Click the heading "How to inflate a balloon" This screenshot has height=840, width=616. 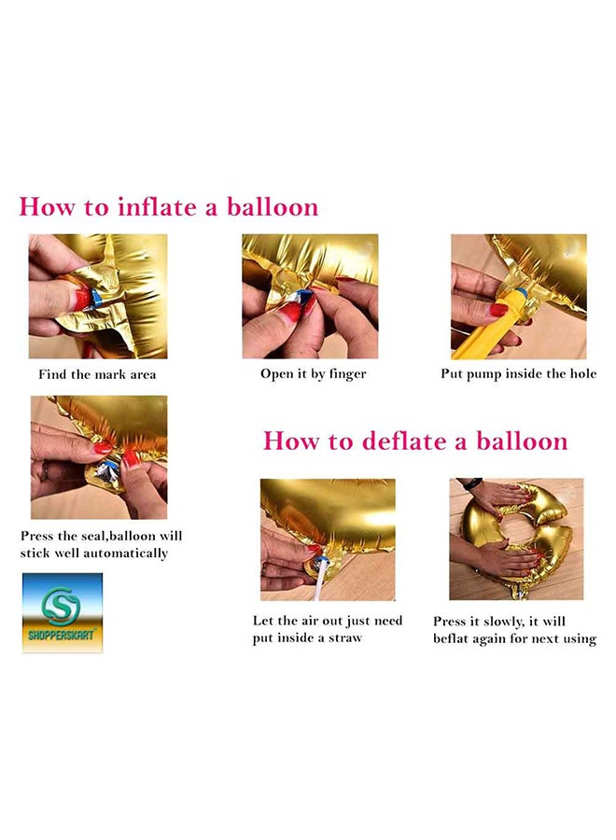click(169, 207)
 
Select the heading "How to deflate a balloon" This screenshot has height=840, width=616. click(415, 441)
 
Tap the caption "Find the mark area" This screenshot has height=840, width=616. click(97, 374)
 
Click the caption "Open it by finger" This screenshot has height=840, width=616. click(314, 374)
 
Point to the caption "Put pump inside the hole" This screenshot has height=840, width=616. click(519, 374)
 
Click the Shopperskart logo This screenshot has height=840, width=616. click(63, 613)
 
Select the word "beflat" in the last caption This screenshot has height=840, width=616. click(450, 638)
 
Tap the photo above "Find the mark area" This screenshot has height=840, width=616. click(98, 296)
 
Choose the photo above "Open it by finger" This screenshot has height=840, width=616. click(310, 296)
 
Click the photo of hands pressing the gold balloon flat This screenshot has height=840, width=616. click(516, 539)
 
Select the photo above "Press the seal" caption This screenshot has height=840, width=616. click(99, 457)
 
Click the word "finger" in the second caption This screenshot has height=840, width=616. click(347, 374)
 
